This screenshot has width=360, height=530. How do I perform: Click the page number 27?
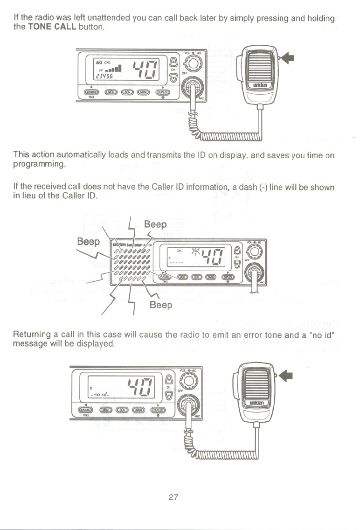point(173,497)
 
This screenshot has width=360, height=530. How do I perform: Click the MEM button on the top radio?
point(111,92)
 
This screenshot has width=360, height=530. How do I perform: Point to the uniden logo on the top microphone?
point(259,85)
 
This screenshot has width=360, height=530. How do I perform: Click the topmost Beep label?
point(155,224)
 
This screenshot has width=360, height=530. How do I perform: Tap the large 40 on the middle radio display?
point(214,257)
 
